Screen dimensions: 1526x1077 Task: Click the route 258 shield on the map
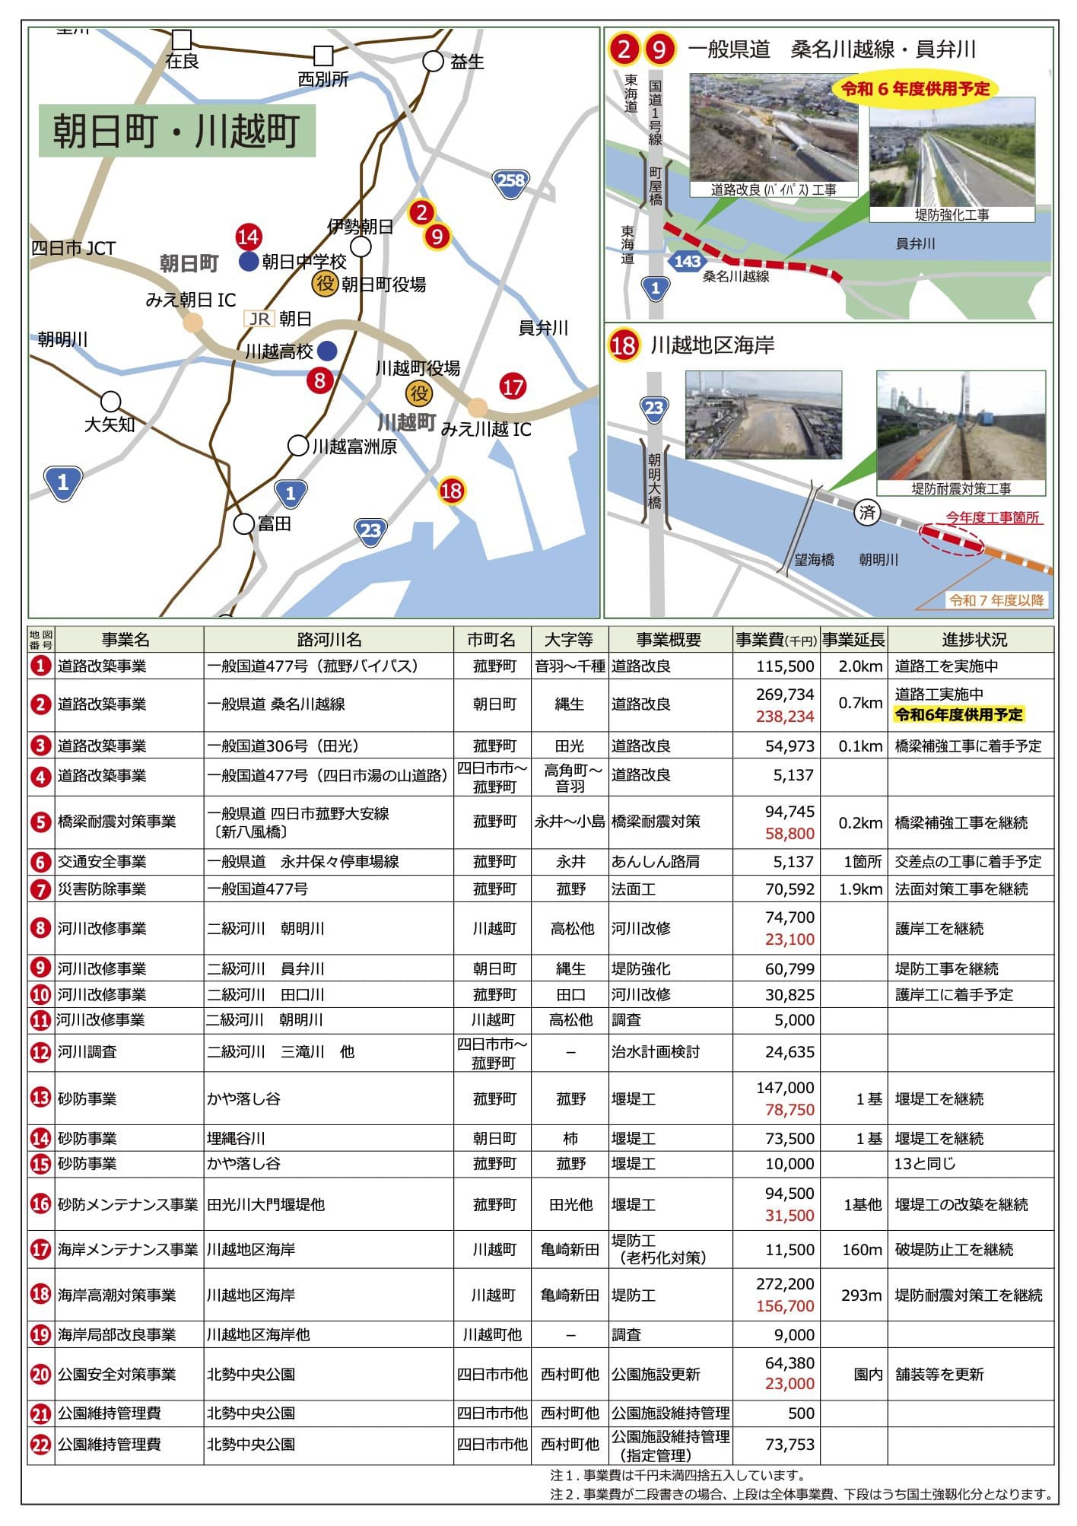pyautogui.click(x=510, y=181)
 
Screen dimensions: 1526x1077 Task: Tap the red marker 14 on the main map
pyautogui.click(x=248, y=237)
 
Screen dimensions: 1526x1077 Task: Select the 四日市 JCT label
pyautogui.click(x=73, y=249)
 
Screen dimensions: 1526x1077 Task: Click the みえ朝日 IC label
pyautogui.click(x=191, y=300)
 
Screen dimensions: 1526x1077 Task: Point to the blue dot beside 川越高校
pyautogui.click(x=327, y=351)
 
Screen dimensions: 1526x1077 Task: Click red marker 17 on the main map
pyautogui.click(x=513, y=386)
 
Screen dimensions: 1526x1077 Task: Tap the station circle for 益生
pyautogui.click(x=433, y=62)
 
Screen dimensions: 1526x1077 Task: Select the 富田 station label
pyautogui.click(x=274, y=523)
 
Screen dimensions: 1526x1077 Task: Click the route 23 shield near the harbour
pyautogui.click(x=370, y=529)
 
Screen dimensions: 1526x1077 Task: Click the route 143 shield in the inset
pyautogui.click(x=687, y=262)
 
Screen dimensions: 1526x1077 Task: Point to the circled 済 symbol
pyautogui.click(x=867, y=513)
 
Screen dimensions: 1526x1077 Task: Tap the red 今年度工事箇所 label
pyautogui.click(x=992, y=517)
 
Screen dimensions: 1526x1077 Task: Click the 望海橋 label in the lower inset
pyautogui.click(x=814, y=560)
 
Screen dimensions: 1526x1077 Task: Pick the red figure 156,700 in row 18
pyautogui.click(x=785, y=1306)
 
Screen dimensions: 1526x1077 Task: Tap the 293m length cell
pyautogui.click(x=861, y=1295)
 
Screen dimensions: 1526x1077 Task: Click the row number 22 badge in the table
pyautogui.click(x=40, y=1444)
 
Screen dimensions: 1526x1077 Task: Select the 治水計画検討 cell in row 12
pyautogui.click(x=655, y=1052)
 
